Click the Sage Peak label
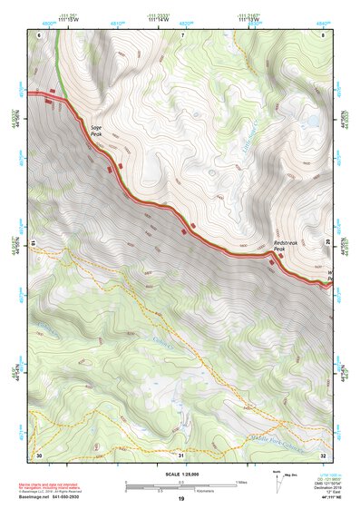click(95, 130)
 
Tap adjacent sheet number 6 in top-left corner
click(39, 34)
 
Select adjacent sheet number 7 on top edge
click(181, 34)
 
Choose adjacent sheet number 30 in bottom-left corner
click(39, 454)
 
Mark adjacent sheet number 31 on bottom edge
click(181, 454)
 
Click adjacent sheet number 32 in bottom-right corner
click(323, 454)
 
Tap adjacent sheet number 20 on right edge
click(327, 243)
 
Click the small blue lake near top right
click(311, 119)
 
